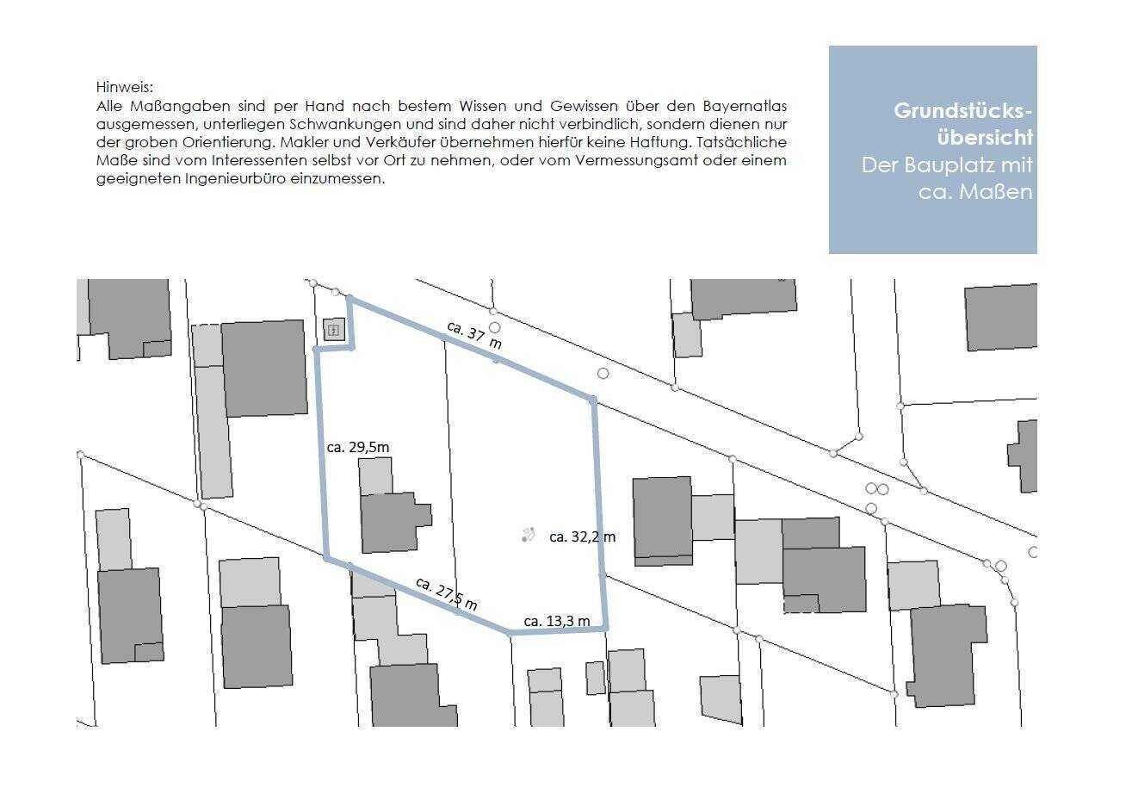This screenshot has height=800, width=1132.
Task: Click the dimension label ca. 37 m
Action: click(x=474, y=335)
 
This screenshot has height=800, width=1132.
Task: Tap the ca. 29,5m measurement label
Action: click(x=358, y=447)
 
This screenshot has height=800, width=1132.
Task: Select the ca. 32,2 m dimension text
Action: click(x=582, y=536)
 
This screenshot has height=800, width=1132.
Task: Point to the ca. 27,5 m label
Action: click(x=446, y=593)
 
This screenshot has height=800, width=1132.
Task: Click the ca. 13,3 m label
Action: click(x=556, y=621)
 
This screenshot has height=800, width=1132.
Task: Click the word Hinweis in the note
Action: click(x=124, y=87)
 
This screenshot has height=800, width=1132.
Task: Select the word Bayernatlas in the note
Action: click(x=745, y=106)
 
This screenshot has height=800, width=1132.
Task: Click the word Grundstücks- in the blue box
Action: click(x=962, y=111)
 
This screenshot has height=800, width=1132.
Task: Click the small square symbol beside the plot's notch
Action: click(x=334, y=330)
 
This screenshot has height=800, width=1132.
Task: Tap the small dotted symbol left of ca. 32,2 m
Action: click(x=528, y=535)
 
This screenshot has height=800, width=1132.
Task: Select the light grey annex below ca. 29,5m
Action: click(x=375, y=476)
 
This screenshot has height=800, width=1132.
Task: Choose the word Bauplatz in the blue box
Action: click(x=944, y=165)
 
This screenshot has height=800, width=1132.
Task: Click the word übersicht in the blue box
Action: click(x=985, y=138)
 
